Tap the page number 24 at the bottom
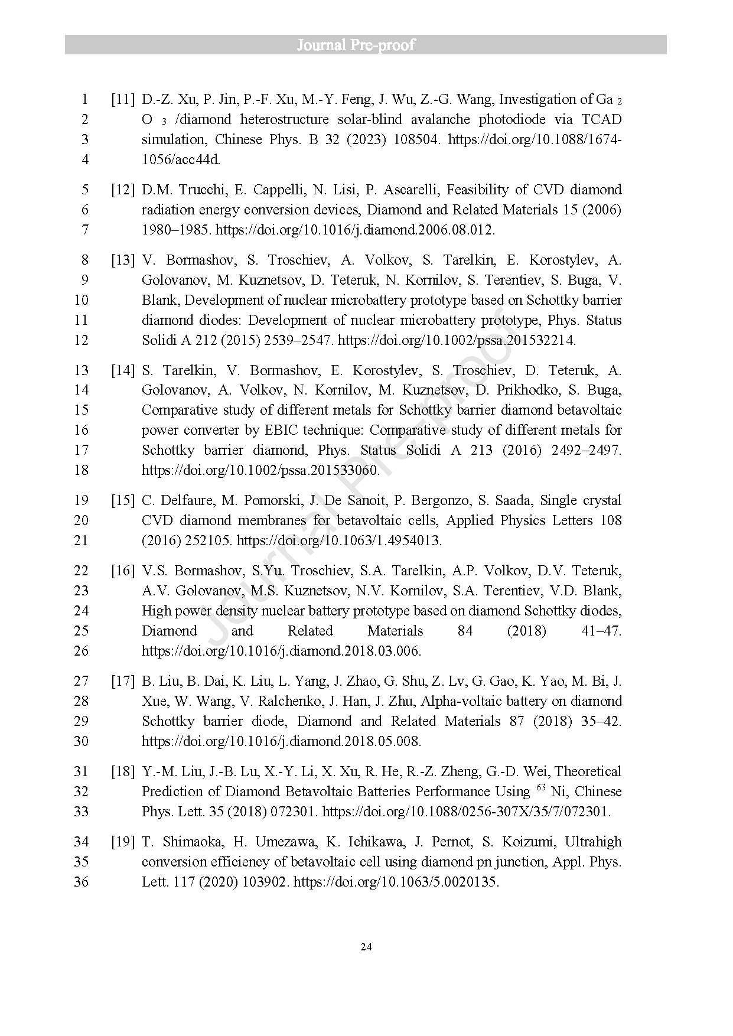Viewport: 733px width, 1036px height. pos(366,947)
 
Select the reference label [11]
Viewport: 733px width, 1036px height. pos(122,99)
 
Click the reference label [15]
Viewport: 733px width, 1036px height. pos(122,500)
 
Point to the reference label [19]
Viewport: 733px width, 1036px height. pos(122,842)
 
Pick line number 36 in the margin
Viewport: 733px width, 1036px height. pos(81,882)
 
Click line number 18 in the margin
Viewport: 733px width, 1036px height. pos(81,470)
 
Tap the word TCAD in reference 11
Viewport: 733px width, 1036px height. pos(601,119)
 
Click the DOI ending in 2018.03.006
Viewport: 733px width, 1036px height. pos(281,651)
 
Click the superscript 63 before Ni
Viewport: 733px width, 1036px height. pos(540,788)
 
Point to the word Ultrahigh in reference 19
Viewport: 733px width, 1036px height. pos(593,842)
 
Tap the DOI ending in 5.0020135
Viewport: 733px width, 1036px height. pos(396,882)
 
